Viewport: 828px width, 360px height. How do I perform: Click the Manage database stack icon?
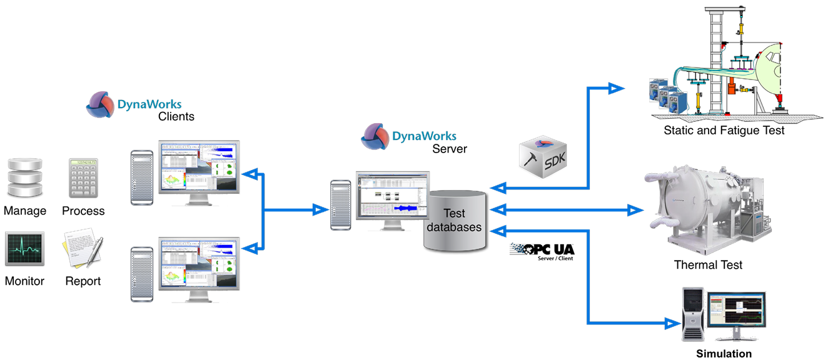tap(25, 179)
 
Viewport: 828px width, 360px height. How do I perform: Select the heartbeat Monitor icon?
tap(25, 249)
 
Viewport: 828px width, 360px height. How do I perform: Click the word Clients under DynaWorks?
tap(176, 117)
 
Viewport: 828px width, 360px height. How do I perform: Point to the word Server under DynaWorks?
tap(450, 149)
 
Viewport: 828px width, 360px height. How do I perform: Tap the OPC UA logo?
tap(542, 249)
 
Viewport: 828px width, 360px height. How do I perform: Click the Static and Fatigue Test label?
tap(724, 131)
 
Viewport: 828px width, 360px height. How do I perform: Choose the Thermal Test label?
tap(708, 265)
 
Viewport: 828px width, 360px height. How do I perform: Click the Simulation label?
tap(724, 354)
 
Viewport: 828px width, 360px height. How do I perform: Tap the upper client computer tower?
tap(141, 177)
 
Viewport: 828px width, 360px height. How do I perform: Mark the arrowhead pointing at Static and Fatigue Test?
tap(618, 87)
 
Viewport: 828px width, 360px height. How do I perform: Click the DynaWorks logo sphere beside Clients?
tap(101, 105)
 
